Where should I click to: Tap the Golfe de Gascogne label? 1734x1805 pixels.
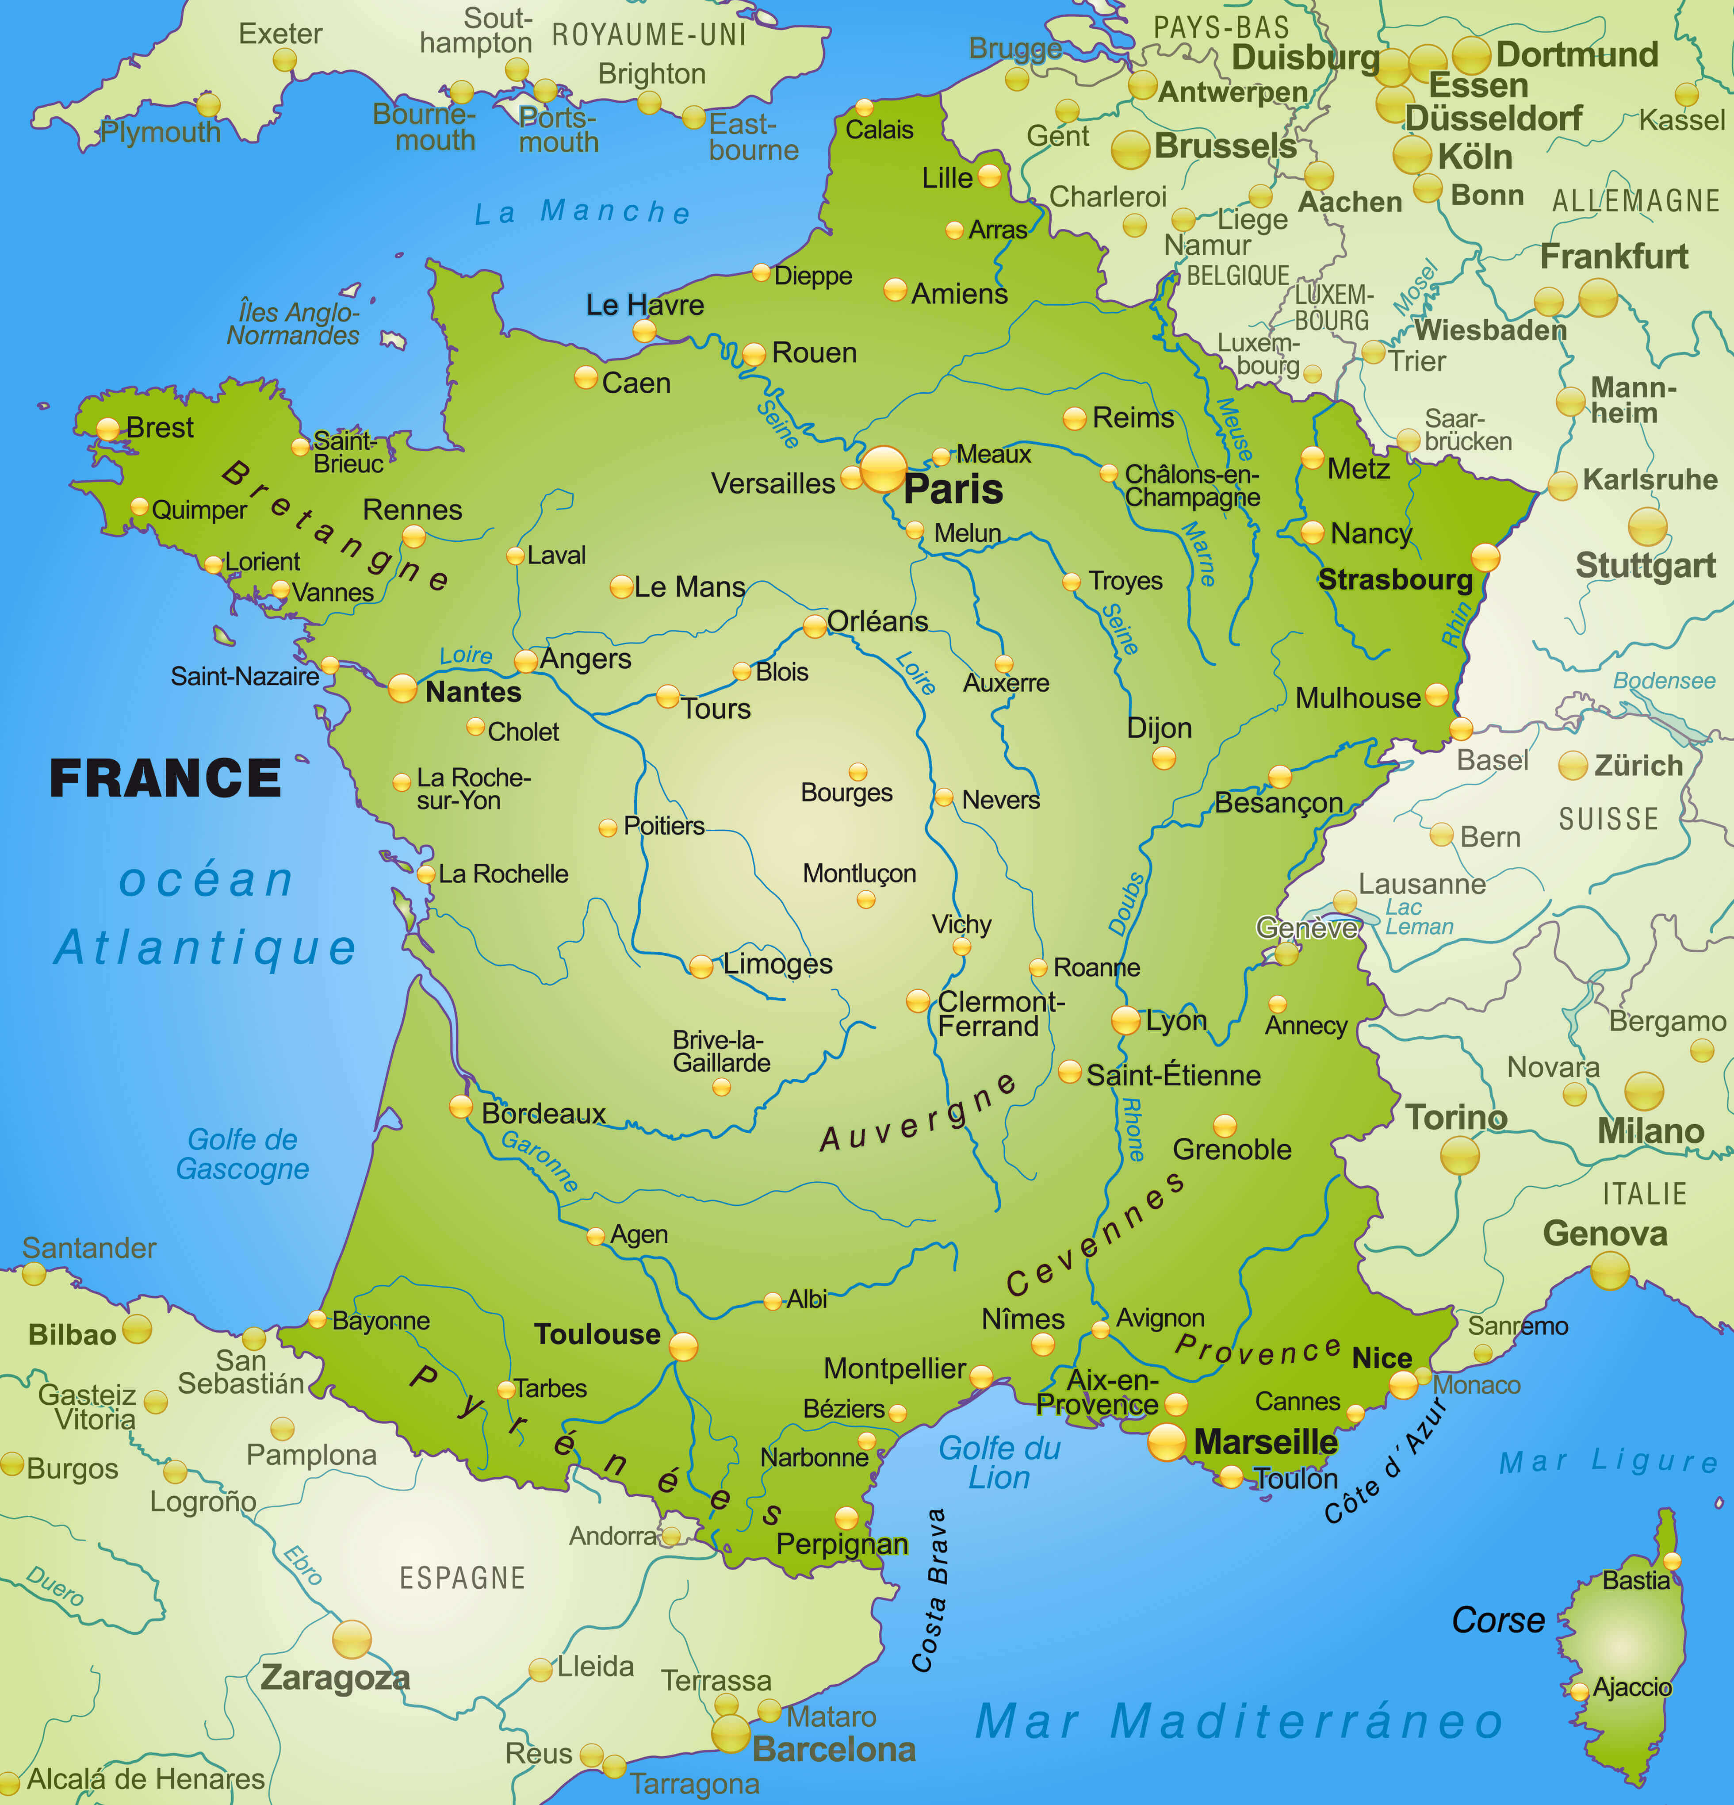point(242,1154)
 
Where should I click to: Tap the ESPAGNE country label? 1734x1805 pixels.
point(462,1579)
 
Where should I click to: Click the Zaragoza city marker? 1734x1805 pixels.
point(352,1639)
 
